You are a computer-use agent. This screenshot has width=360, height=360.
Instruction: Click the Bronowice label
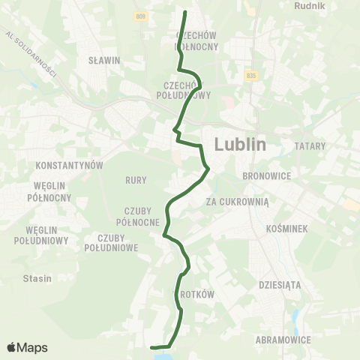tap(262, 175)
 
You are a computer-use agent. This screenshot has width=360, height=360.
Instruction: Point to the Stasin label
tap(37, 278)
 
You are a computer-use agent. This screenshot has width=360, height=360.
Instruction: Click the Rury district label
tap(136, 180)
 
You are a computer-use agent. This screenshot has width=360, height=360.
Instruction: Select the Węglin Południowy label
tap(42, 235)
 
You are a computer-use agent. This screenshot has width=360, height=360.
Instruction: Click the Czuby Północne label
tap(137, 217)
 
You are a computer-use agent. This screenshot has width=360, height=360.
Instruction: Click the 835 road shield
tap(250, 76)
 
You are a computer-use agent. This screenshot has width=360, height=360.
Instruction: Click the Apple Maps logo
tap(27, 347)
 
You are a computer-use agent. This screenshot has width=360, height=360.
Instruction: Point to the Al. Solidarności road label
tap(31, 53)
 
